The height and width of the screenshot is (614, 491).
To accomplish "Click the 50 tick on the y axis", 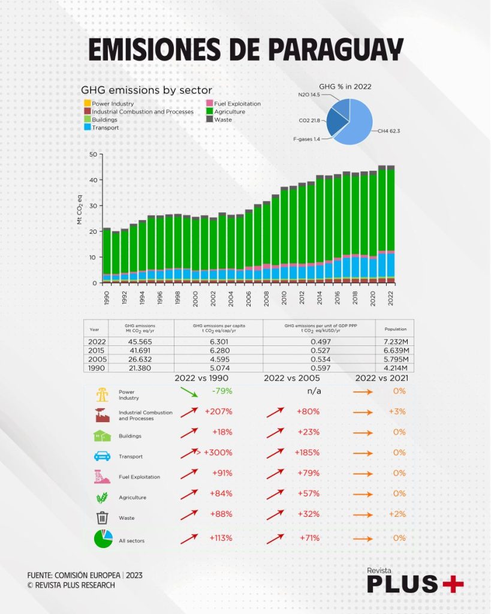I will (92, 154).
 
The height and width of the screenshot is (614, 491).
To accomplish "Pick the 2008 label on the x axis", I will (267, 297).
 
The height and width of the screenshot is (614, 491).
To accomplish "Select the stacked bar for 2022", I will (391, 224).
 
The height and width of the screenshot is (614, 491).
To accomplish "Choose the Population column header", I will (394, 329).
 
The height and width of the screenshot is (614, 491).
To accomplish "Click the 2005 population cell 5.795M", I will (394, 358).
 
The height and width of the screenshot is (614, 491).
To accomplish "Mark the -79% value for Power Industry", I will (221, 391).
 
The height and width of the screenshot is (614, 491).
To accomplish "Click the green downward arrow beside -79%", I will (189, 393).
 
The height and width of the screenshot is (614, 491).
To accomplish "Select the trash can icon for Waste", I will (102, 517).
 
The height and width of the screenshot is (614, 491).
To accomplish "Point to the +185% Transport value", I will (307, 452).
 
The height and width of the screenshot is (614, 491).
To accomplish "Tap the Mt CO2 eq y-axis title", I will (80, 210).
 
